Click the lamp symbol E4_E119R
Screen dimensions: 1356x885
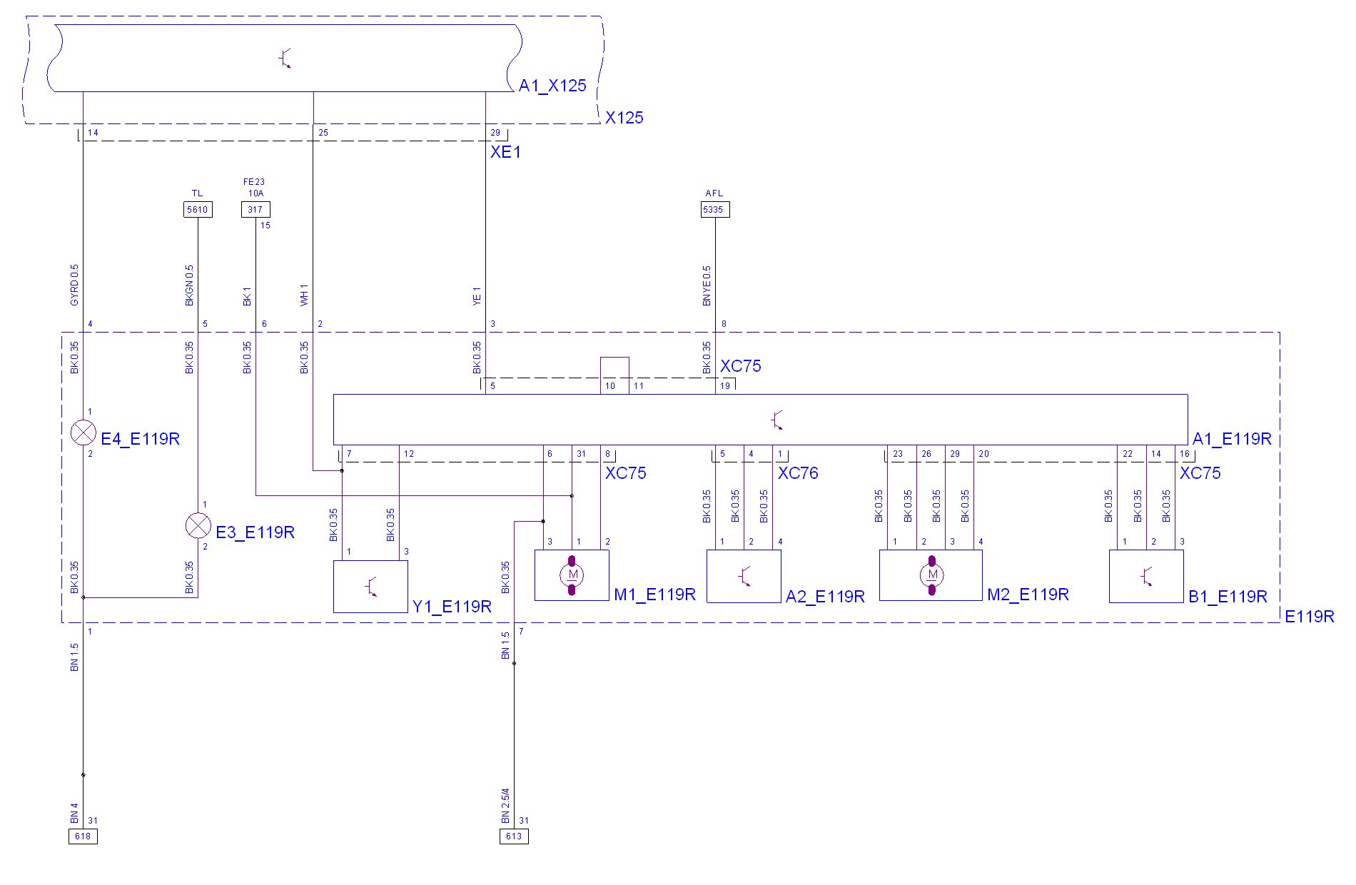pyautogui.click(x=84, y=433)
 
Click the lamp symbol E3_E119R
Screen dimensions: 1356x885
pyautogui.click(x=198, y=526)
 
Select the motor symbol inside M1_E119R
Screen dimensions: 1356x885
pyautogui.click(x=572, y=575)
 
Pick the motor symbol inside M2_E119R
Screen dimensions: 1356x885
pyautogui.click(x=931, y=575)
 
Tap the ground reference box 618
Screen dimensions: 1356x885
pyautogui.click(x=83, y=836)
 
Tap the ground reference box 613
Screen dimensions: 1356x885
pyautogui.click(x=514, y=836)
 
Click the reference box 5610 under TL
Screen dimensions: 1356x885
pyautogui.click(x=198, y=209)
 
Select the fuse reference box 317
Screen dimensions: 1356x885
pyautogui.click(x=255, y=209)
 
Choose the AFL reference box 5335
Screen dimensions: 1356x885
pyautogui.click(x=715, y=209)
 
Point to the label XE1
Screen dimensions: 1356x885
pyautogui.click(x=505, y=152)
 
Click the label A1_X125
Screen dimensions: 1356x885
pyautogui.click(x=552, y=86)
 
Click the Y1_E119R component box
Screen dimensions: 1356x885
pyautogui.click(x=370, y=586)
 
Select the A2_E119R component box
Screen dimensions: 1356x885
pyautogui.click(x=744, y=576)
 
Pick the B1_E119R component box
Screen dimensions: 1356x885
pyautogui.click(x=1146, y=576)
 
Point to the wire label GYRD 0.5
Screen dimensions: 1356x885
pyautogui.click(x=74, y=285)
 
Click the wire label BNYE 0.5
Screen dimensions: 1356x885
pyautogui.click(x=707, y=286)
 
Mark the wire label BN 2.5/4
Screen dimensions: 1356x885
pyautogui.click(x=505, y=806)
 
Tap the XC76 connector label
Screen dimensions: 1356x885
pyautogui.click(x=798, y=473)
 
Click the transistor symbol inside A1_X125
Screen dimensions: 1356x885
pyautogui.click(x=285, y=59)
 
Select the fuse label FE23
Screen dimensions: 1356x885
pyautogui.click(x=254, y=182)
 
